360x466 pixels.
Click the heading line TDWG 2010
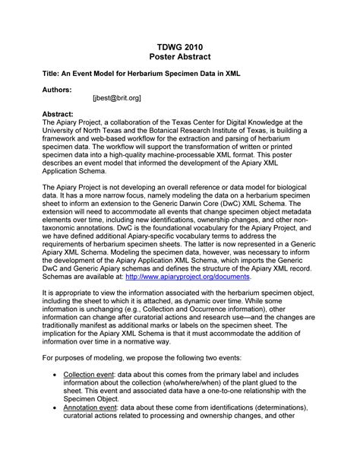[x=180, y=47]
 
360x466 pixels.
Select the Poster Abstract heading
[x=180, y=59]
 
